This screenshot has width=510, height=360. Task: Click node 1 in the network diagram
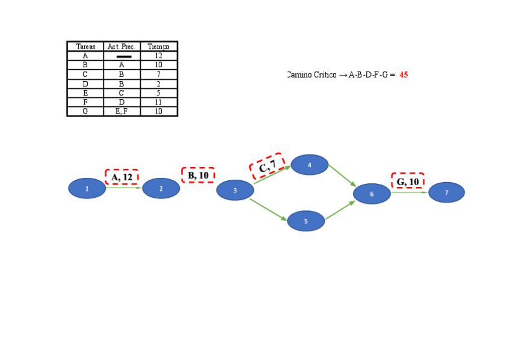coord(87,188)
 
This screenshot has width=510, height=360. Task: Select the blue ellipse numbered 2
coord(161,188)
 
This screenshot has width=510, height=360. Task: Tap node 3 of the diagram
coord(235,190)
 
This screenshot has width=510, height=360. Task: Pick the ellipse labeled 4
coord(309,165)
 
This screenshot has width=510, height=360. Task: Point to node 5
coord(306,221)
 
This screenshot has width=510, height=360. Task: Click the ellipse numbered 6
coord(372,194)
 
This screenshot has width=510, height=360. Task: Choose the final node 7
coord(446,192)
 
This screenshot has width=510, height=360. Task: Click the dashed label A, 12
coord(122,177)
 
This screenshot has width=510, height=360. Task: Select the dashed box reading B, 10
coord(198,175)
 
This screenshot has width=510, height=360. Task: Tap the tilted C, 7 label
coord(267,165)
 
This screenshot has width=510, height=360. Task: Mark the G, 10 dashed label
coord(408,182)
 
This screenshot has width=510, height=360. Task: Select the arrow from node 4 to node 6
coord(342,175)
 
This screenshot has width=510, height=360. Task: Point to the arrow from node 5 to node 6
coord(340,210)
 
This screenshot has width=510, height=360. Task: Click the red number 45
coord(404,75)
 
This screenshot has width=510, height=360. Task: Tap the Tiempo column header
coord(159,47)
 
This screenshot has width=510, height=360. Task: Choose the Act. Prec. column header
coord(121,47)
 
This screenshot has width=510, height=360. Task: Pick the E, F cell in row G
coord(121,111)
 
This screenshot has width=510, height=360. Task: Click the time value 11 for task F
coord(159,102)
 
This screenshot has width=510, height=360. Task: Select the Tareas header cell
coord(85,47)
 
